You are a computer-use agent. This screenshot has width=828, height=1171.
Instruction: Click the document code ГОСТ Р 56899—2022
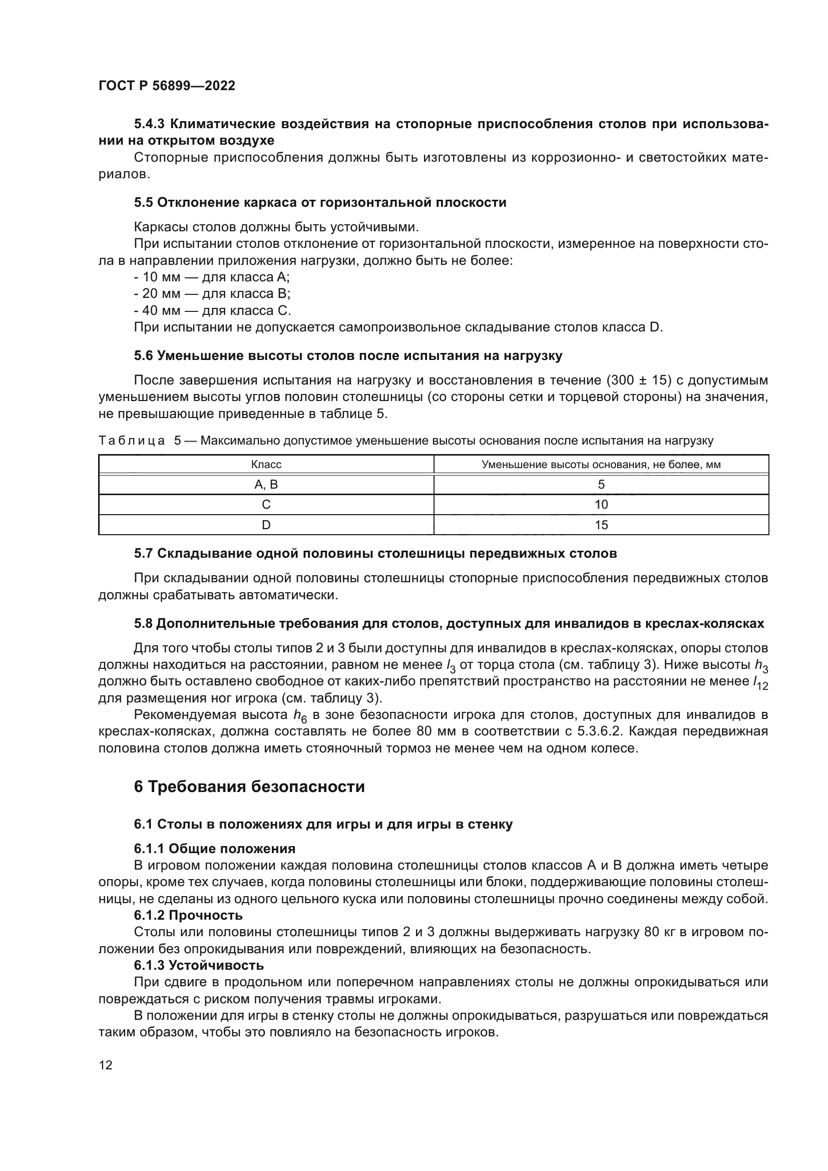click(167, 86)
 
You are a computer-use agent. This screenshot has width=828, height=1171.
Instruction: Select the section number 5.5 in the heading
click(143, 202)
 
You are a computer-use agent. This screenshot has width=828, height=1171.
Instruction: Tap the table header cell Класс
click(266, 465)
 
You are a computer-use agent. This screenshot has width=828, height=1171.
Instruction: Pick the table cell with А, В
click(266, 485)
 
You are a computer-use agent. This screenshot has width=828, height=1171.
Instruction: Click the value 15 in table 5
click(601, 525)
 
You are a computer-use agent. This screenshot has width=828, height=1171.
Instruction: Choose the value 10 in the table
click(601, 505)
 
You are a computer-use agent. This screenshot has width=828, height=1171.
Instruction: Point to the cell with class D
click(266, 525)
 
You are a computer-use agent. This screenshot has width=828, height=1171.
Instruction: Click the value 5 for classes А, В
click(601, 485)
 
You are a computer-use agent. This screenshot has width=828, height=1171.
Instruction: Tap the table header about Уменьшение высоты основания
click(601, 465)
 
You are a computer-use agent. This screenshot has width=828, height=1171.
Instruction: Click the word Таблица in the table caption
click(132, 441)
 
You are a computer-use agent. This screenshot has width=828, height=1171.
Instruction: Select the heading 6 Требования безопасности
click(249, 787)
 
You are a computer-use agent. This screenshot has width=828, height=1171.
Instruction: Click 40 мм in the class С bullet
click(158, 310)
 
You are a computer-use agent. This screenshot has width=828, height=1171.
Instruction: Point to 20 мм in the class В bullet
click(158, 294)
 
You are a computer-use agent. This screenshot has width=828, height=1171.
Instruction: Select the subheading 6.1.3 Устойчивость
click(199, 965)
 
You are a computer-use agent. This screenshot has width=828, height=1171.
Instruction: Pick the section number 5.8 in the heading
click(143, 623)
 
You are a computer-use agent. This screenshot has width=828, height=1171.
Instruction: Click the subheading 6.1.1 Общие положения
click(215, 849)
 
